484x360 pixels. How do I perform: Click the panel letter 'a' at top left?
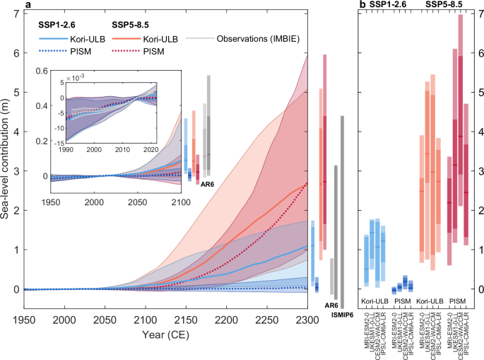(x=27, y=5)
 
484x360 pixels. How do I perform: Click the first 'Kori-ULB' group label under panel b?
(x=376, y=301)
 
